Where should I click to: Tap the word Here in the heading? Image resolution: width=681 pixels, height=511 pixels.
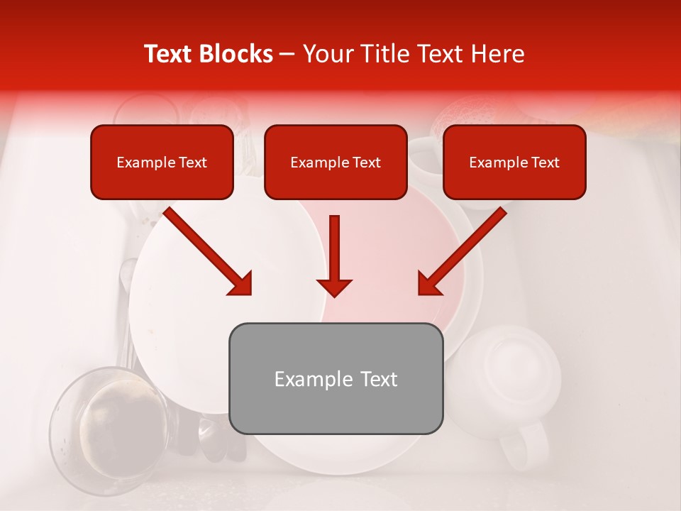click(x=497, y=54)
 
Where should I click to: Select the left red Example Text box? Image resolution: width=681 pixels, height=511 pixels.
click(x=162, y=163)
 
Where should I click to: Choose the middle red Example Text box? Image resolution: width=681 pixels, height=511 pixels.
click(x=336, y=163)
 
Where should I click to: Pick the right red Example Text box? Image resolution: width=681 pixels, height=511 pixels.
click(x=514, y=163)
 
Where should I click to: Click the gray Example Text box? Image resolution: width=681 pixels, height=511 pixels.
click(x=336, y=379)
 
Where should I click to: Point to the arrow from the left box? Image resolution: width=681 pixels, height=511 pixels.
click(x=209, y=252)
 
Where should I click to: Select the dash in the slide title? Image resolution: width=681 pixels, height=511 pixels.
click(x=287, y=54)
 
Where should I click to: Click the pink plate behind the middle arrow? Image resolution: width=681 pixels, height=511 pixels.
click(x=397, y=263)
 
